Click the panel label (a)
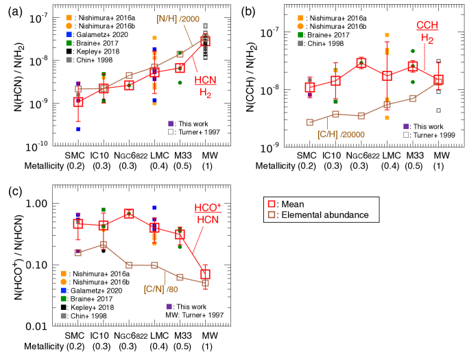point(12,10)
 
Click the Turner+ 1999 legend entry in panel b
point(429,136)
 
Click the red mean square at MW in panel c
point(206,274)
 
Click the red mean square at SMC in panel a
point(78,101)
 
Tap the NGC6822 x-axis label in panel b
point(362,156)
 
